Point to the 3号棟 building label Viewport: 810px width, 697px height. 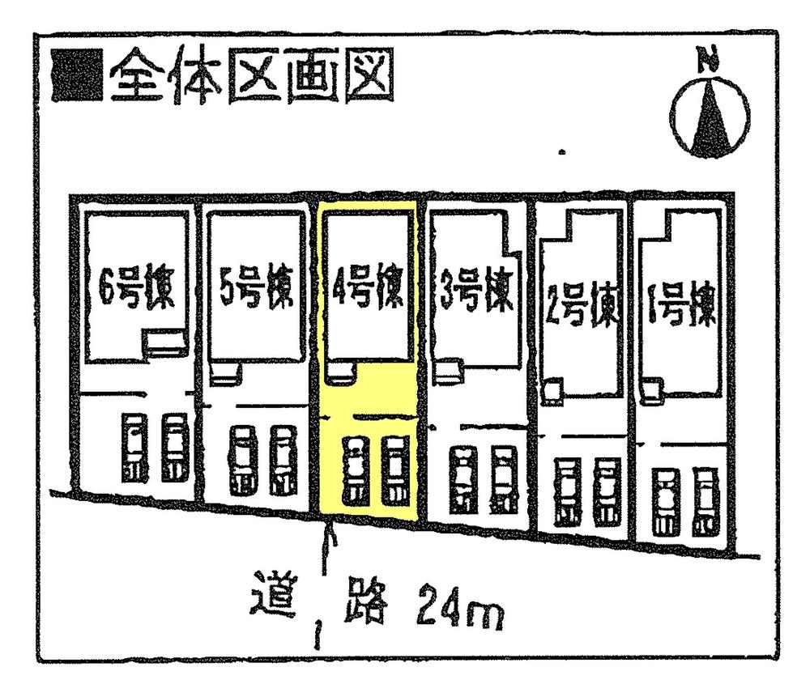[x=478, y=294]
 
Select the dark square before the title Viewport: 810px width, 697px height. [x=76, y=78]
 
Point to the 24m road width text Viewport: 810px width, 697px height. [x=459, y=612]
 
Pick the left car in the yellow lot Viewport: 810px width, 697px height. [x=355, y=470]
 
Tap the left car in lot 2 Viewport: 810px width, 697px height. [x=566, y=492]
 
